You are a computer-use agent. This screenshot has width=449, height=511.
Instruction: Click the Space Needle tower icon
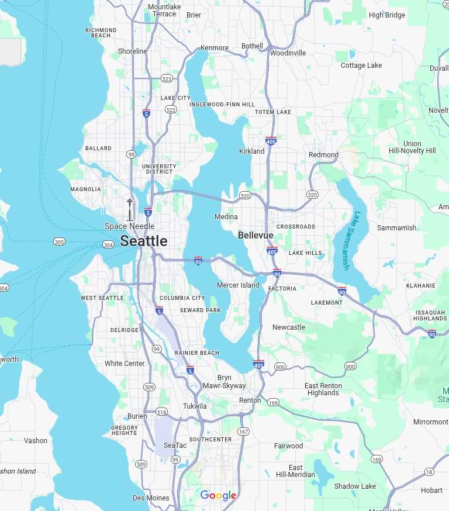pyautogui.click(x=130, y=209)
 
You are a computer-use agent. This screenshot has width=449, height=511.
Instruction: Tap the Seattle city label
pyautogui.click(x=143, y=241)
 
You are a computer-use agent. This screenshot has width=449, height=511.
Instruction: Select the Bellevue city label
pyautogui.click(x=255, y=235)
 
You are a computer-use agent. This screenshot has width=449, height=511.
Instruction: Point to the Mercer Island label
pyautogui.click(x=238, y=285)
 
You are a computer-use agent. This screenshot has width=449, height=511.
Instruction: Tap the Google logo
pyautogui.click(x=218, y=496)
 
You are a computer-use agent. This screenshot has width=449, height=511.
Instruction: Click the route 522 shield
pyautogui.click(x=171, y=109)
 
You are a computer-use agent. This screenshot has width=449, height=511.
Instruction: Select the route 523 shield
pyautogui.click(x=167, y=78)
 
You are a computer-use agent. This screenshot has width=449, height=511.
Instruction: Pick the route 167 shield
pyautogui.click(x=243, y=431)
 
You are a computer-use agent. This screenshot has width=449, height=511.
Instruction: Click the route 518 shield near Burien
pyautogui.click(x=162, y=412)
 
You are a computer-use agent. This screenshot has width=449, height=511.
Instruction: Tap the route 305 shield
pyautogui.click(x=59, y=241)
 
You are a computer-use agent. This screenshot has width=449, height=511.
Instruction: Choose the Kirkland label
pyautogui.click(x=251, y=151)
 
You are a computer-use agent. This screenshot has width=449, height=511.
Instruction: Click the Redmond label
pyautogui.click(x=323, y=155)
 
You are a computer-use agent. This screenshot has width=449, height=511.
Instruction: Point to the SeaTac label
pyautogui.click(x=175, y=446)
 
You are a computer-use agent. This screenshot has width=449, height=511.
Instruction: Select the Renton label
pyautogui.click(x=250, y=400)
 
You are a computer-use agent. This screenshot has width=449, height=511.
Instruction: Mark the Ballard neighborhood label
pyautogui.click(x=98, y=149)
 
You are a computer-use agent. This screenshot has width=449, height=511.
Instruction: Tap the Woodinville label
pyautogui.click(x=288, y=53)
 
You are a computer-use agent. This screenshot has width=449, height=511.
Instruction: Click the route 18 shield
pyautogui.click(x=430, y=472)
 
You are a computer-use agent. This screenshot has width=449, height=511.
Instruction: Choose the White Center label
pyautogui.click(x=125, y=363)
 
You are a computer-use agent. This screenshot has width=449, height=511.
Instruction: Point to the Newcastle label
pyautogui.click(x=288, y=327)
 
